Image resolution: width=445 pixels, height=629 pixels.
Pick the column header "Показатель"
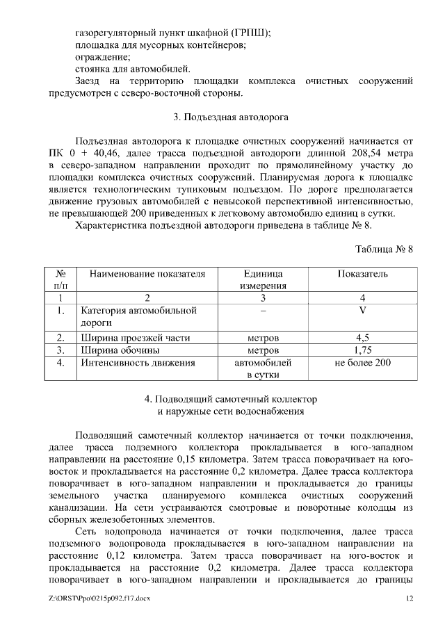pos(362,274)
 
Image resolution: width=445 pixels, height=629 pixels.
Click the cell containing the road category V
pos(362,310)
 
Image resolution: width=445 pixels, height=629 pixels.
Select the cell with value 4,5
pos(362,338)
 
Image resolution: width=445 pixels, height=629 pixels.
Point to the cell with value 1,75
pos(362,350)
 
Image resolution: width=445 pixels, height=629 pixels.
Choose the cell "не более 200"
pos(362,362)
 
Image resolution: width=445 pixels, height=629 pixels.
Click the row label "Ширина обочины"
pos(120,350)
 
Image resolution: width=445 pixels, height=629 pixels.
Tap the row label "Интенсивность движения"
pos(138,362)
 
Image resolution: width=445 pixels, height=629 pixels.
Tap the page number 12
pos(410,598)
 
